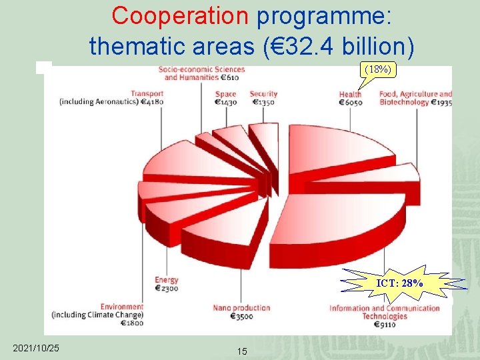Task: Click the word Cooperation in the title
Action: click(181, 16)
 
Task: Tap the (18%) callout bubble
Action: click(377, 69)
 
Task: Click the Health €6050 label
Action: click(351, 98)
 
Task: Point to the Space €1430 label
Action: click(226, 98)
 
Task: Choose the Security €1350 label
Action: click(263, 98)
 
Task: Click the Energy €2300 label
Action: click(166, 285)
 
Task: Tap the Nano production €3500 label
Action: click(241, 312)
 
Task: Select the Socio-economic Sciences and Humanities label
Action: click(202, 73)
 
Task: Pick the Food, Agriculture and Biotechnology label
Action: click(415, 98)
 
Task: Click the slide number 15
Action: click(242, 351)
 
